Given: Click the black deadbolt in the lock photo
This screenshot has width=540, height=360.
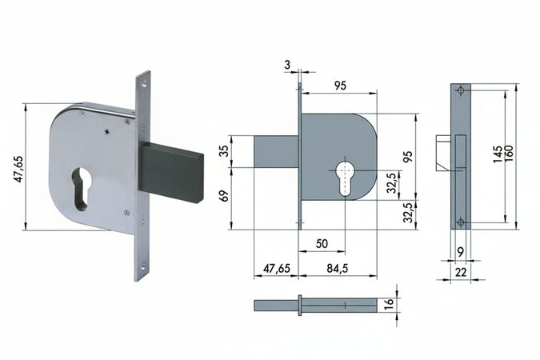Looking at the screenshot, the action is [171, 171].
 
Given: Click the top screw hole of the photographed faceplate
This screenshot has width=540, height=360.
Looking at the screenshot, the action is [144, 83].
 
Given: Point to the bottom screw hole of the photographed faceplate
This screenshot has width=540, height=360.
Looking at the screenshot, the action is [143, 266].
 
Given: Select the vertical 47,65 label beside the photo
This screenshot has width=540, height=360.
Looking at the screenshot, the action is [18, 169].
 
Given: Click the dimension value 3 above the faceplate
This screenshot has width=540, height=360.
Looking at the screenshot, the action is [287, 65].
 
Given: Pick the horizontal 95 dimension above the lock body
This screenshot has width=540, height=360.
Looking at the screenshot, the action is [340, 86].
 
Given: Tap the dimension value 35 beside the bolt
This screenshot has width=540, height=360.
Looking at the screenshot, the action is [224, 151].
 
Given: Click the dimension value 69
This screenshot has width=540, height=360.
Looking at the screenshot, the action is [224, 196].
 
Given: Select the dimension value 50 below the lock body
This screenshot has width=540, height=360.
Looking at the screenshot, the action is [322, 243].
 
